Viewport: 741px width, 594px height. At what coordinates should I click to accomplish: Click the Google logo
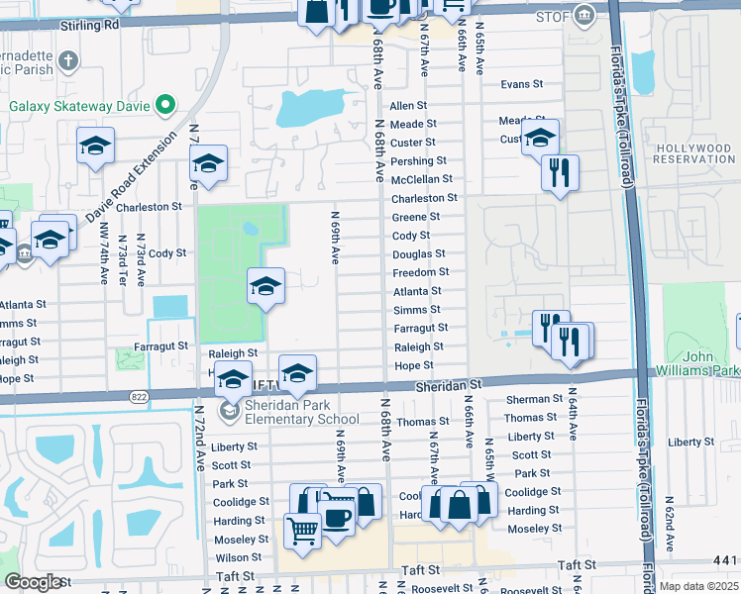point(33,582)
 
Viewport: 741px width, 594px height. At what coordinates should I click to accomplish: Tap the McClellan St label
point(421,179)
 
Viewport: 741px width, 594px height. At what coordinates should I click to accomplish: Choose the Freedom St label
point(420,271)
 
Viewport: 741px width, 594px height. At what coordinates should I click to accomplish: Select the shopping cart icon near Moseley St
point(303,531)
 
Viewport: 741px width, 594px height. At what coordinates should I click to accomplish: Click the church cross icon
point(68,61)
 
